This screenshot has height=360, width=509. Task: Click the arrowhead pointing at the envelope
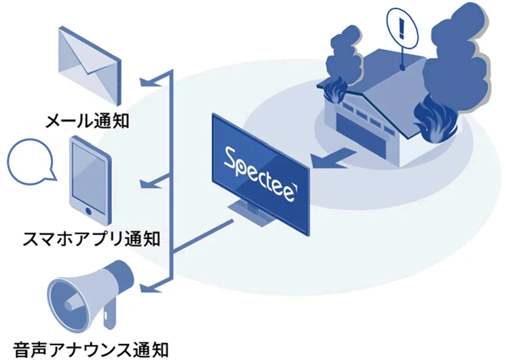145,82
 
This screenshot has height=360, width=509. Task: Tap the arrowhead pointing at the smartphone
145,184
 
